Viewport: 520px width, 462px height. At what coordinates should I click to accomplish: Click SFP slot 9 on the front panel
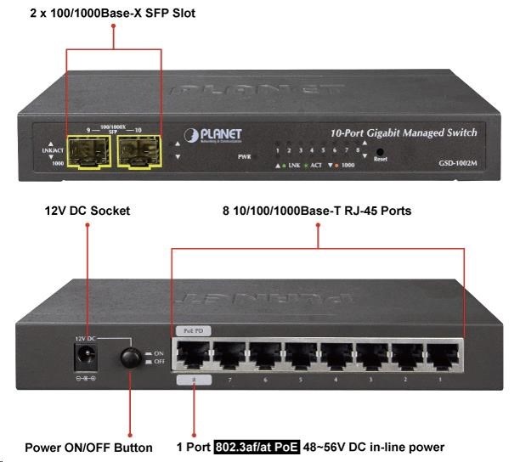point(88,154)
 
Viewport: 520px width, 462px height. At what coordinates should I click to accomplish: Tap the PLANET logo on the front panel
point(212,135)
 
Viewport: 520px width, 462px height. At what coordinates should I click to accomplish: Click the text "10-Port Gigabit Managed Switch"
point(404,133)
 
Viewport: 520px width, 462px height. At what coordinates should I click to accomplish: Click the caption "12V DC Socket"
point(88,211)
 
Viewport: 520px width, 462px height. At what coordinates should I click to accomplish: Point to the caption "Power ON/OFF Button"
point(88,448)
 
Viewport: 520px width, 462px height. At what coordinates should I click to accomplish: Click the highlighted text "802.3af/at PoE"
point(257,448)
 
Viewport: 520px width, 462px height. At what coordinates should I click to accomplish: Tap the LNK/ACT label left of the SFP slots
point(52,151)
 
